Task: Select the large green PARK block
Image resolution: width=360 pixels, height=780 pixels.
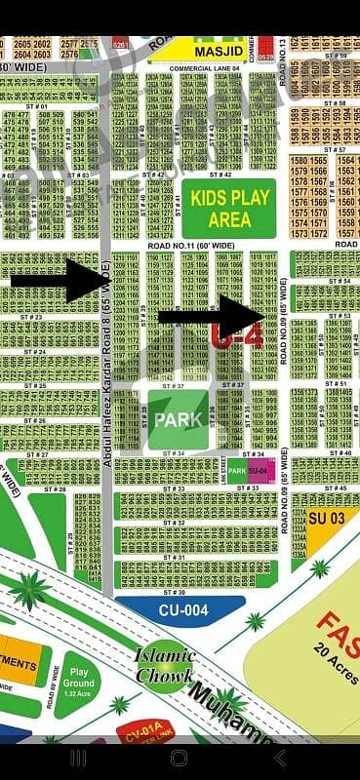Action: coord(177,419)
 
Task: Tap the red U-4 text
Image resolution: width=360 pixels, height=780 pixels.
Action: coord(224,338)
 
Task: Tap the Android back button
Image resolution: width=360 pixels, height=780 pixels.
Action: coord(280,758)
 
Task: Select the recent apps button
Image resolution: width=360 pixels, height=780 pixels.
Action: coord(78,758)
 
